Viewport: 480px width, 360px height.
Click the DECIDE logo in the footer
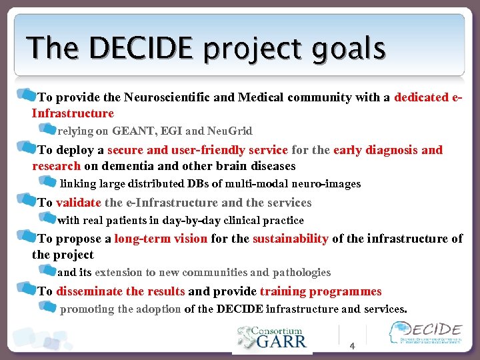(x=426, y=334)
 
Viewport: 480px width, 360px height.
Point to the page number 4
(x=353, y=346)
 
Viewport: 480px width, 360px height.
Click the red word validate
(x=79, y=203)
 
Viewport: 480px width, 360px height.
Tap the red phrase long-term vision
(x=161, y=239)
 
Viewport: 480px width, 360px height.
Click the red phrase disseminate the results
(x=120, y=291)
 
